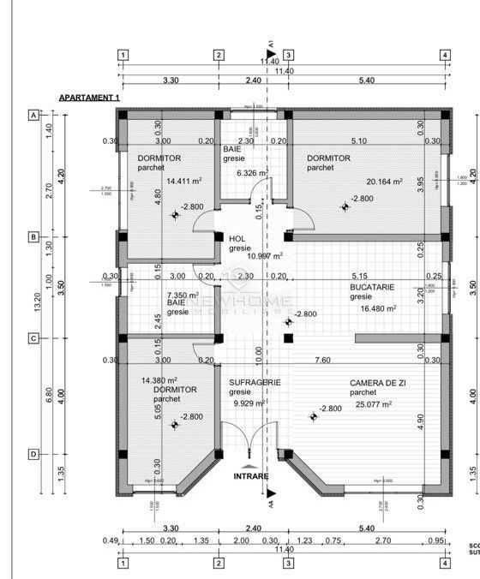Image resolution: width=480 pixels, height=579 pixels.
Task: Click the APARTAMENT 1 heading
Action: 89,98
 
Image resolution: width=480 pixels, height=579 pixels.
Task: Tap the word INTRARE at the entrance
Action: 251,476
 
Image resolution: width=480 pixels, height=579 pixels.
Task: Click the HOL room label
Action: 237,239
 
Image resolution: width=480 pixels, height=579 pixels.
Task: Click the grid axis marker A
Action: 34,115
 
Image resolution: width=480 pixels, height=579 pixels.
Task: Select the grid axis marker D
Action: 34,454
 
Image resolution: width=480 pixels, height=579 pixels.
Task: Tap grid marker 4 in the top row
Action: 445,56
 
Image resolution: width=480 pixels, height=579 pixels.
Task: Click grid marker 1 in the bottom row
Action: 123,563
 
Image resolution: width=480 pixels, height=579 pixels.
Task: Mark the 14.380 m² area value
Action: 160,379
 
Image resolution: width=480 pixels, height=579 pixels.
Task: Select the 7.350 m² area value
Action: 183,295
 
